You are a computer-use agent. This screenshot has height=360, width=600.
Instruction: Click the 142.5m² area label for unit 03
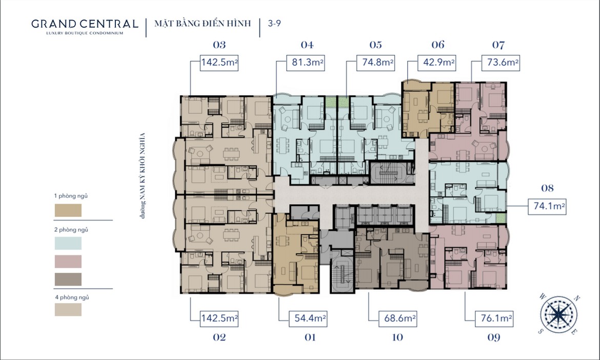[x=219, y=63]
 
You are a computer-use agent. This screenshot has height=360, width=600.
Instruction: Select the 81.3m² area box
[x=306, y=63]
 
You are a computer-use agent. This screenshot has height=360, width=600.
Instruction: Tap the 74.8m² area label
[x=375, y=63]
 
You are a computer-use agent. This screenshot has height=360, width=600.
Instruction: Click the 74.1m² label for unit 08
[x=547, y=207]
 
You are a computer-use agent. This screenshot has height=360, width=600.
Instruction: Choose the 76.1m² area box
[x=494, y=318]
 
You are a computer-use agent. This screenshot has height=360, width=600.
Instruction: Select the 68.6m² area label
[x=398, y=318]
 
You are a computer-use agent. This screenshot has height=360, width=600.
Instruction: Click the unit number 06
[x=438, y=45]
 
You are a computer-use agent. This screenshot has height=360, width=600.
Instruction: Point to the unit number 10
[x=397, y=337]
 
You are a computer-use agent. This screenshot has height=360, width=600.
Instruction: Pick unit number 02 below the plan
[x=219, y=337]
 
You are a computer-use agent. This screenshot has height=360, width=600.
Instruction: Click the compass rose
[x=559, y=314]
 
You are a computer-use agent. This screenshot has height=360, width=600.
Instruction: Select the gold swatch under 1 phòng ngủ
[x=68, y=210]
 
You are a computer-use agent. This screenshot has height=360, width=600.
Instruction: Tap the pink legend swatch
[x=68, y=262]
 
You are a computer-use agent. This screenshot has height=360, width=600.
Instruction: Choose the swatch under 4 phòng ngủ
[x=68, y=310]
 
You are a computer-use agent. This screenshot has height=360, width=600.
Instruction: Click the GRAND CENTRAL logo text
[x=85, y=24]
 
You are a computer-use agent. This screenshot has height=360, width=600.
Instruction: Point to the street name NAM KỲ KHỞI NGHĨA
[x=143, y=175]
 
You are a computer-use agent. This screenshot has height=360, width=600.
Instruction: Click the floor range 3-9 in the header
[x=274, y=24]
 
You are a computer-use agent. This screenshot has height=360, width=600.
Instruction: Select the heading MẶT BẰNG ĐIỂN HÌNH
[x=203, y=24]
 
